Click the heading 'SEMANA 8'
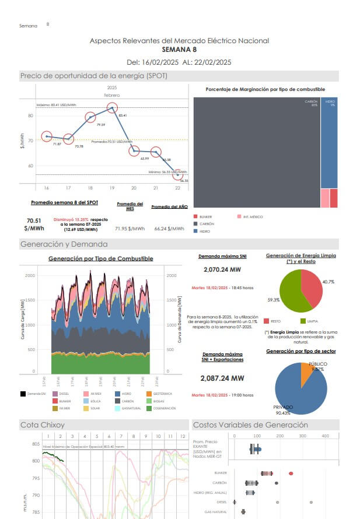click(x=179, y=50)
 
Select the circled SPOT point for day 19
click(x=112, y=107)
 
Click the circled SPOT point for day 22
click(x=178, y=175)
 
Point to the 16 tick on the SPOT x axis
click(x=47, y=188)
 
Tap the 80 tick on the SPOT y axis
click(x=30, y=115)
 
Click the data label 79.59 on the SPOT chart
click(x=101, y=125)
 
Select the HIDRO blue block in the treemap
click(x=329, y=143)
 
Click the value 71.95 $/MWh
click(x=130, y=229)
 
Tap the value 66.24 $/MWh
click(x=169, y=229)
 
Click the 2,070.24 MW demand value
click(x=222, y=270)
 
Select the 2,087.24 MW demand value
click(x=222, y=378)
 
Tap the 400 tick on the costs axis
click(x=326, y=436)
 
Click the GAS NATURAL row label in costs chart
click(x=216, y=511)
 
